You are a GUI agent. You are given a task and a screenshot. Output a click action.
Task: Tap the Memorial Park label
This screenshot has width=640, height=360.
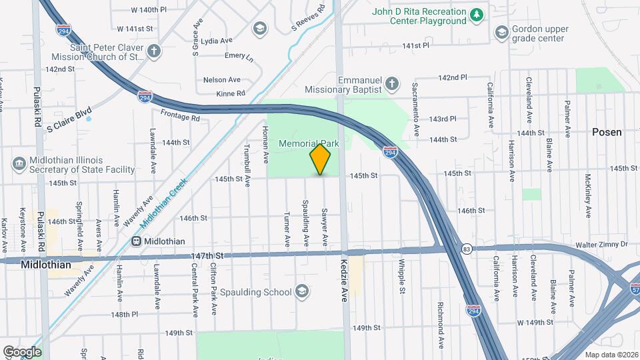pos(309,143)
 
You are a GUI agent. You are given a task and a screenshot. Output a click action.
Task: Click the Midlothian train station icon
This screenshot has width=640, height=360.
pos(136,241)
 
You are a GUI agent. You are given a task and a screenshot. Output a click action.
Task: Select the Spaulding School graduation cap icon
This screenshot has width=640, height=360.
pos(302,291)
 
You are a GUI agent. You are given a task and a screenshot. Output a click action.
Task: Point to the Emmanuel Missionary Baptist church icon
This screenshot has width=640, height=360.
pos(393,84)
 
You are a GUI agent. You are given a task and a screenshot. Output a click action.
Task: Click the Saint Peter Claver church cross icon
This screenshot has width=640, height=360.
pos(154,51)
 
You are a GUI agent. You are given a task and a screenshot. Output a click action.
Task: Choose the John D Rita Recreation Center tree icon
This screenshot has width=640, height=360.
pos(476,15)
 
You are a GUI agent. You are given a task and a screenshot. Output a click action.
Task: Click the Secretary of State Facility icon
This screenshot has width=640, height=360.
pos(19,163)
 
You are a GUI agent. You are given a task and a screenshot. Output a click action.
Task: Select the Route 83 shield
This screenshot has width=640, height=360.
pos(467,249)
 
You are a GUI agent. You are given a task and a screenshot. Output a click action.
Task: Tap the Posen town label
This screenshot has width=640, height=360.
pos(607,132)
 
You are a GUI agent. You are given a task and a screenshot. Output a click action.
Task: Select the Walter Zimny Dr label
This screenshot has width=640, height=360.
pos(603,245)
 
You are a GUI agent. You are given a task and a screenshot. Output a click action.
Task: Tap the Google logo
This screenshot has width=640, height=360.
pos(22,351)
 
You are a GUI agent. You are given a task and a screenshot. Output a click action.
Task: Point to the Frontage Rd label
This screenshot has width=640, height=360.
pos(180,116)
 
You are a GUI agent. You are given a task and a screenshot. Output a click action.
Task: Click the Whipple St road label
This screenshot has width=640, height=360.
pos(402,277)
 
